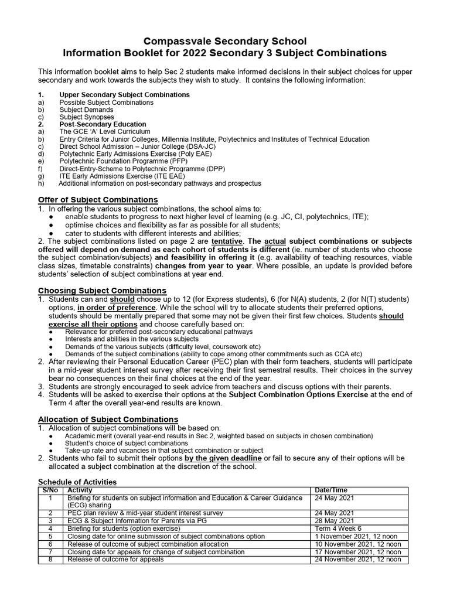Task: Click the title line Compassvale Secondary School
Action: click(225, 41)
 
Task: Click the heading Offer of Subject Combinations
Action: click(98, 200)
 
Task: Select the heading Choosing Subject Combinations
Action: click(102, 291)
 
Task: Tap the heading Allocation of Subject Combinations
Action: click(108, 420)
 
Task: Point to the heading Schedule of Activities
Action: click(77, 482)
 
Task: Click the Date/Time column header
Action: click(331, 490)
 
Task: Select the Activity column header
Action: click(80, 490)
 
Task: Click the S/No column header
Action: click(50, 490)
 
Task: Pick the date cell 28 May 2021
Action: click(334, 520)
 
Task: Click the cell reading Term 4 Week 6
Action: click(337, 528)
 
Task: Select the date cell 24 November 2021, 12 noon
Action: click(357, 559)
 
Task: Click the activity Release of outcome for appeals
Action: click(115, 559)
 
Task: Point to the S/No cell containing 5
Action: click(51, 536)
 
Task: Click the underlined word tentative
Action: click(227, 241)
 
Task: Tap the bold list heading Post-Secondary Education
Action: click(103, 124)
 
